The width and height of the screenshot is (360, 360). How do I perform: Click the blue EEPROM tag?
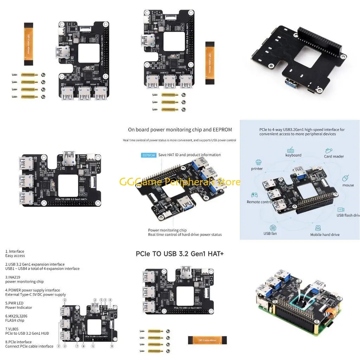tap(148, 155)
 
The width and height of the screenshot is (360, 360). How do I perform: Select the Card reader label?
tap(334, 156)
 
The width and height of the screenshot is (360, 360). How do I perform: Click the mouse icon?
tap(346, 178)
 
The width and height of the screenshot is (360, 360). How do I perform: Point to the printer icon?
tap(258, 162)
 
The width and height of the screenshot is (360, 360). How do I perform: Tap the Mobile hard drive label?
tap(324, 234)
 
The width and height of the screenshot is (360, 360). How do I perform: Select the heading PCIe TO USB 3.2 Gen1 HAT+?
tap(180, 253)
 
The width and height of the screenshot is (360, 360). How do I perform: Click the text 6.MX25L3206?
tap(16, 316)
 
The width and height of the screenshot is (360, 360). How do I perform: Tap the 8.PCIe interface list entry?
tap(18, 342)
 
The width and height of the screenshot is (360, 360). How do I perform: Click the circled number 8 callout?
tap(112, 346)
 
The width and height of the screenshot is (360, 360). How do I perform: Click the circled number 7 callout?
tap(77, 346)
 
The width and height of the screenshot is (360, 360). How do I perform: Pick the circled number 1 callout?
tap(93, 346)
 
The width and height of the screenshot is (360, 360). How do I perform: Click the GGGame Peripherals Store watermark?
tap(180, 182)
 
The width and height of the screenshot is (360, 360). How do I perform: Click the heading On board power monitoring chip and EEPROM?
tap(180, 130)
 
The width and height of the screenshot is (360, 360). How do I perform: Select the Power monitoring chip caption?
tap(167, 230)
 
